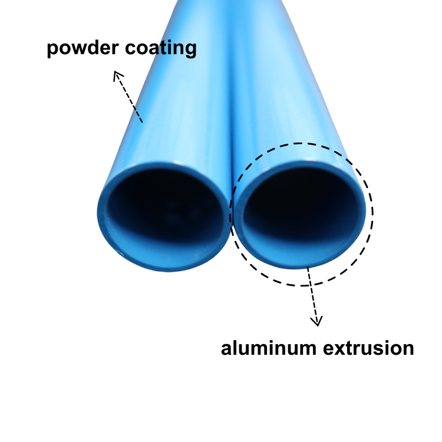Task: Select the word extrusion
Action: point(369,348)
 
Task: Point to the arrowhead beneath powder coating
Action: point(118,76)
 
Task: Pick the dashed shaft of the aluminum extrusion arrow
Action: point(312,295)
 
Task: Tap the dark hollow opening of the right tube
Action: point(302,203)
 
